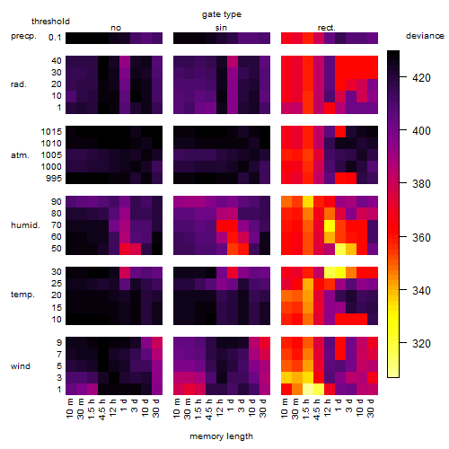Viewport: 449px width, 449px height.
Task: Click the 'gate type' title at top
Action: [222, 14]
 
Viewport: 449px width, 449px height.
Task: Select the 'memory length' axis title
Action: [221, 436]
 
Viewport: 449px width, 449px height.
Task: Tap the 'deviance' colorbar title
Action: [425, 36]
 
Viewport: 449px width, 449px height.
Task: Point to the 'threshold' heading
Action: [50, 22]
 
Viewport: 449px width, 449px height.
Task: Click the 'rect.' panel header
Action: [326, 28]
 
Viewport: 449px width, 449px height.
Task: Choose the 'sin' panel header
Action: [221, 28]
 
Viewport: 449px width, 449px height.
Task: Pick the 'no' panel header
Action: [116, 28]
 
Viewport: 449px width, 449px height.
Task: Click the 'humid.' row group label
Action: [25, 225]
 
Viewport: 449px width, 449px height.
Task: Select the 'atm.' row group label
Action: [20, 155]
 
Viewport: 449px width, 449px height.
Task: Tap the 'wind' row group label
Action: [21, 366]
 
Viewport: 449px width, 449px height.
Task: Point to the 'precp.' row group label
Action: [23, 36]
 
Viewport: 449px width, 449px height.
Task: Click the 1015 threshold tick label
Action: [51, 132]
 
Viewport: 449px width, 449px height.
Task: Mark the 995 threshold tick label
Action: [54, 179]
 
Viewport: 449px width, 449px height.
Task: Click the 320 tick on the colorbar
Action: [421, 343]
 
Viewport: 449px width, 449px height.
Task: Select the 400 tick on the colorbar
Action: [421, 130]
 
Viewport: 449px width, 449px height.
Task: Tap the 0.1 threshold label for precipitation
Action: [55, 38]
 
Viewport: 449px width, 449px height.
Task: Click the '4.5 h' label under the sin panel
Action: [209, 409]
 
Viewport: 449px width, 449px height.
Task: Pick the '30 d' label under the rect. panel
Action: [371, 408]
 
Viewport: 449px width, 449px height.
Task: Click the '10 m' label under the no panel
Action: [69, 408]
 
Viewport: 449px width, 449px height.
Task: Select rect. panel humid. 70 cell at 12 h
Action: [330, 225]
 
